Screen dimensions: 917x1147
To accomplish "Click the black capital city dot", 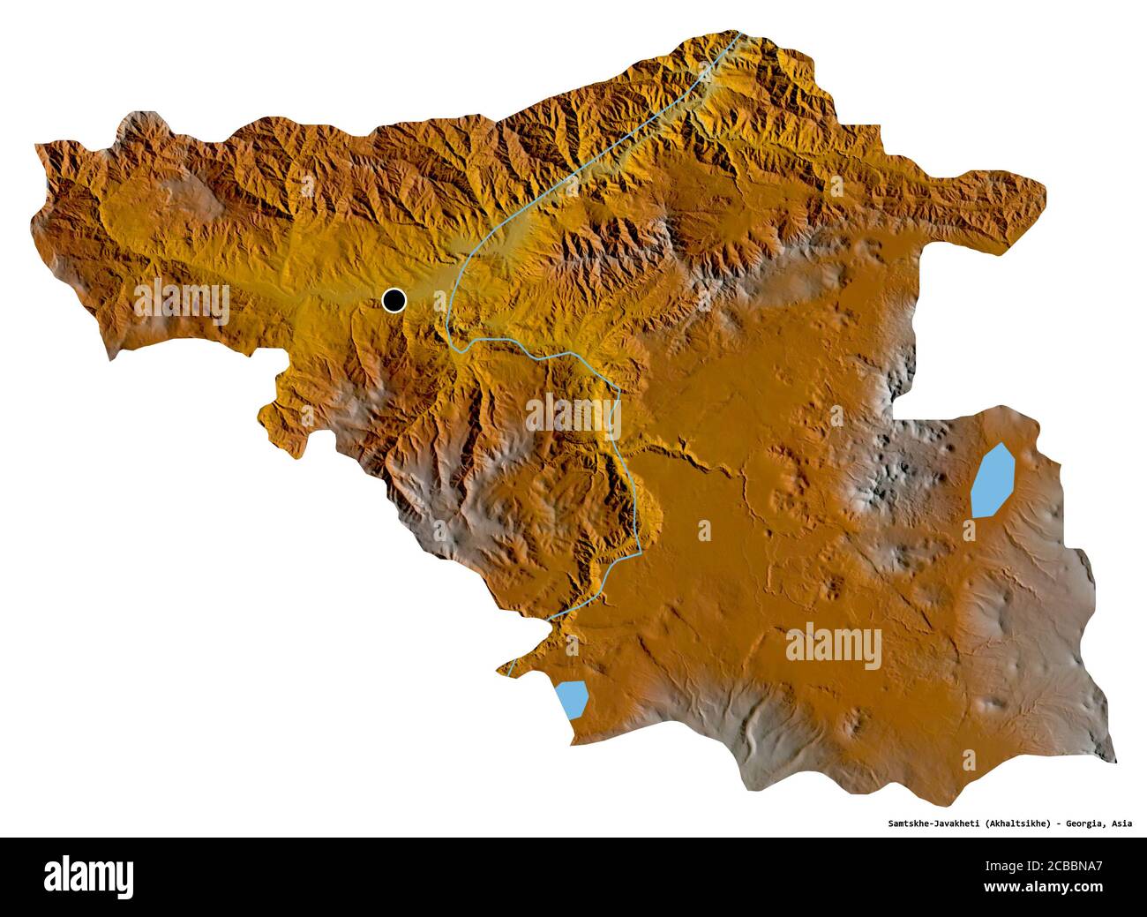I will click(x=394, y=301).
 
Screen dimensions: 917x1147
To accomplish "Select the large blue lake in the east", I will click(x=992, y=481).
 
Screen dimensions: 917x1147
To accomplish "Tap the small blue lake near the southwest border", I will click(x=573, y=699).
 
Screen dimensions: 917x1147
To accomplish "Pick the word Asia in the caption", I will click(x=1122, y=823).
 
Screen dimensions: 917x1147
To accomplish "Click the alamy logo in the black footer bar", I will click(x=89, y=876).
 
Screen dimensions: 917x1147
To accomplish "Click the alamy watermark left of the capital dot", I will click(x=183, y=301).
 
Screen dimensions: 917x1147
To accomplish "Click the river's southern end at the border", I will click(x=510, y=675).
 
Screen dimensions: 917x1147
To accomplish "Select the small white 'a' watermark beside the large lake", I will click(x=970, y=530).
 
